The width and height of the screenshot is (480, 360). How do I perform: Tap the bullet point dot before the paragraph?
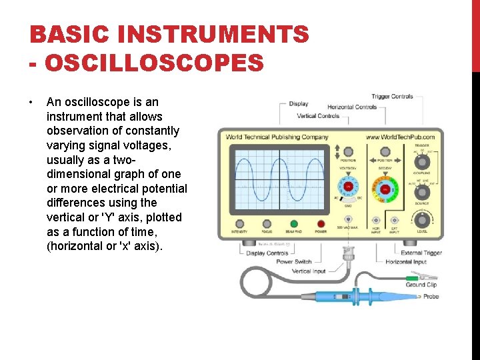pyautogui.click(x=31, y=103)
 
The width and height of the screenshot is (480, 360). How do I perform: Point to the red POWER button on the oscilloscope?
pyautogui.click(x=321, y=224)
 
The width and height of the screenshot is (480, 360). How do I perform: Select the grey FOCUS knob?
pyautogui.click(x=267, y=224)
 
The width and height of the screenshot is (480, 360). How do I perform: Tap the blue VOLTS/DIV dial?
pyautogui.click(x=348, y=189)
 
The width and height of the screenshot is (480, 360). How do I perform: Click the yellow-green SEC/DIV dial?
pyautogui.click(x=385, y=189)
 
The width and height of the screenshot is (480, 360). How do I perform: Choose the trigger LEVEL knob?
pyautogui.click(x=421, y=219)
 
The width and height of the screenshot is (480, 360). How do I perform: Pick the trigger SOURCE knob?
pyautogui.click(x=421, y=191)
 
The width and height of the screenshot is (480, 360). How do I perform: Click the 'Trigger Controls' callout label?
pyautogui.click(x=393, y=97)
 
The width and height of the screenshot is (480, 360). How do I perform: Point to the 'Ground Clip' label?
pyautogui.click(x=421, y=285)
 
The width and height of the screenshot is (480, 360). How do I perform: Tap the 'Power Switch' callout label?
pyautogui.click(x=294, y=261)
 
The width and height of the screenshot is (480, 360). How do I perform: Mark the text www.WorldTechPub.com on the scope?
pyautogui.click(x=400, y=137)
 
